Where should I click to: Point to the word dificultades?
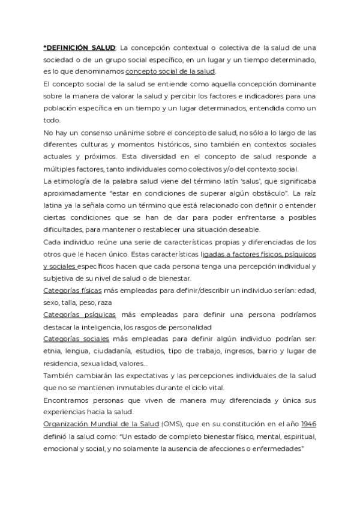click(64, 230)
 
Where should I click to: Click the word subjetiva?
click(60, 279)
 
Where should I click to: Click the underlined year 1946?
click(308, 425)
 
